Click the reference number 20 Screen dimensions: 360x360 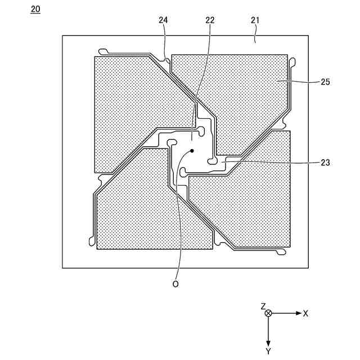36,10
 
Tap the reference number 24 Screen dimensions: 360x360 164,20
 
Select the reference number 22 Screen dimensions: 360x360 210,20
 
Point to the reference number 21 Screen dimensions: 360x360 255,20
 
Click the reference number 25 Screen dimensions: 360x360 325,82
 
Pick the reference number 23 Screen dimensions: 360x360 325,163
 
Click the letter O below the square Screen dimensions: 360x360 175,285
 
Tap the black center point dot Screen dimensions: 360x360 192,151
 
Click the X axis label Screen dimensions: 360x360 305,313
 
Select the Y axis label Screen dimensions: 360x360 268,351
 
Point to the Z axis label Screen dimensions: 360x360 263,306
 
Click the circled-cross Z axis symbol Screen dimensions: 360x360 268,313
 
